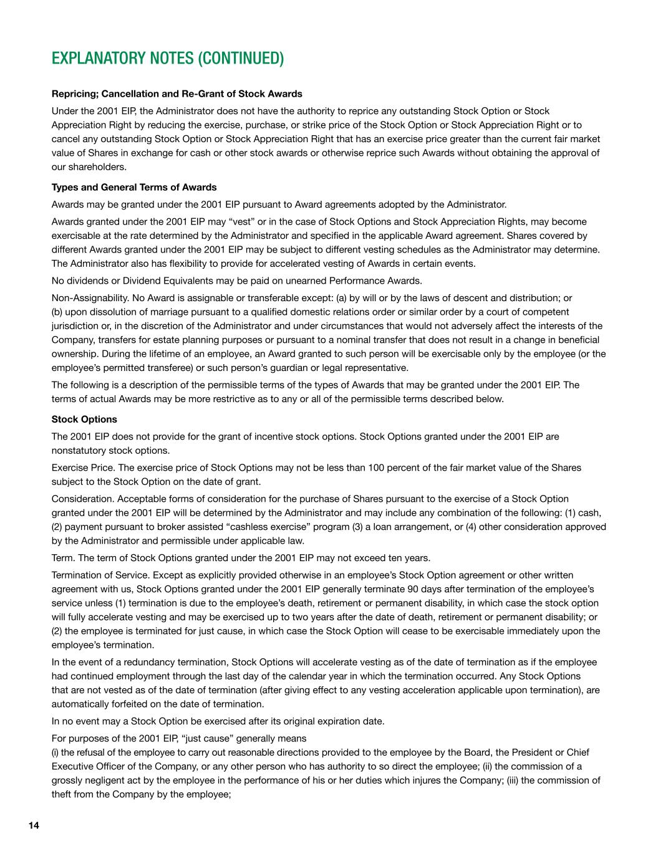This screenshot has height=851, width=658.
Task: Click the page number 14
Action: (34, 825)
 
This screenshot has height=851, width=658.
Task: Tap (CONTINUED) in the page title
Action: (241, 59)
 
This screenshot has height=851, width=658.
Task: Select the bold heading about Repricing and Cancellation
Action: (177, 94)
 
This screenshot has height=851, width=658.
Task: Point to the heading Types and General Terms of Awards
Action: (134, 187)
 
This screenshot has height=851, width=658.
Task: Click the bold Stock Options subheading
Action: (84, 419)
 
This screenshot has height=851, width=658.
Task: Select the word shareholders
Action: (89, 166)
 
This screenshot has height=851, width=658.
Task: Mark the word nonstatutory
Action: (79, 450)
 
